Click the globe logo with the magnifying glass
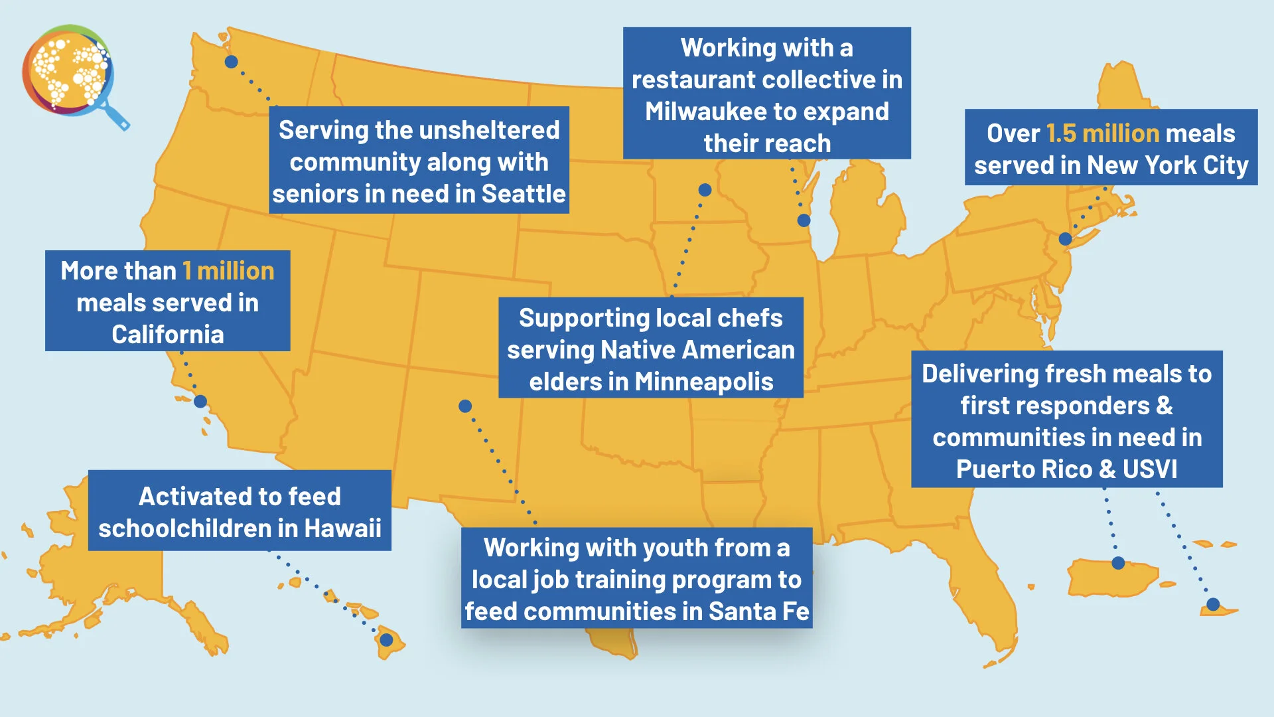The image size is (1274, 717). coord(69,72)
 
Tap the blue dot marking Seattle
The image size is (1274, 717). coord(231,62)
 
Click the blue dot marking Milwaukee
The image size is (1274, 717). coord(804,220)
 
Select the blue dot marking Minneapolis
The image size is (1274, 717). coord(705,190)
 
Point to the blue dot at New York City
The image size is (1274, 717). coord(1065,239)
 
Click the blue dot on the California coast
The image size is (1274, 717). coord(200,402)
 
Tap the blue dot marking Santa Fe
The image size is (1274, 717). coord(465,406)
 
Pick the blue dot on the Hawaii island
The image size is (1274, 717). coord(386,640)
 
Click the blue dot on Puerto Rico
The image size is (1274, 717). coord(1118,563)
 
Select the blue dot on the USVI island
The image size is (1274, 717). coord(1213,604)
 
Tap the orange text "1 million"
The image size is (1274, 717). coord(228,271)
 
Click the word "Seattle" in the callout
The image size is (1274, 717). coord(523,194)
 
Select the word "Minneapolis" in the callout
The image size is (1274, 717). coord(703,382)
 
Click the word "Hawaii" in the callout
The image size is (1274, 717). coord(342,528)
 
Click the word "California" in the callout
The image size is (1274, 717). coord(167,335)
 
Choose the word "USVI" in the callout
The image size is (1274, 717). coord(1149,469)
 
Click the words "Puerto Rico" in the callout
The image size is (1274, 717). coord(1024,469)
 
